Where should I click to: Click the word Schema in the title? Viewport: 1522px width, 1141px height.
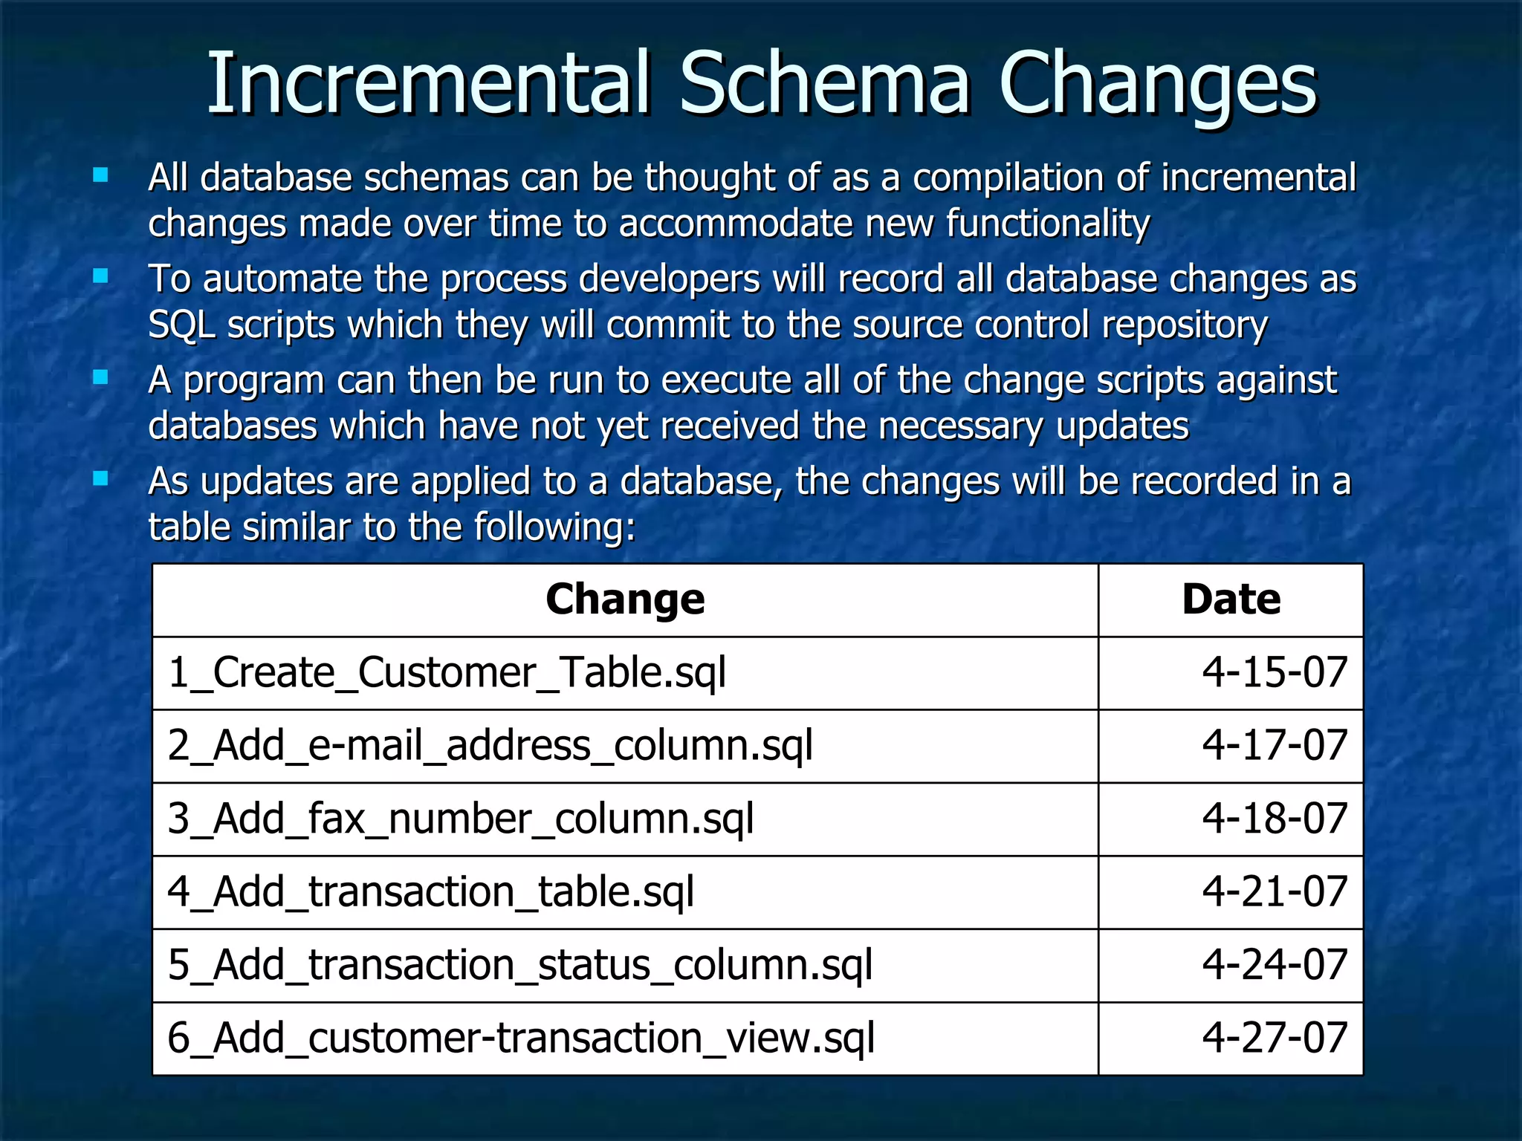[825, 83]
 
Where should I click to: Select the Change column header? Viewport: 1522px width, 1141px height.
[625, 599]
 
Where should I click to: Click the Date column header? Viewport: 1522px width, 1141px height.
[1231, 599]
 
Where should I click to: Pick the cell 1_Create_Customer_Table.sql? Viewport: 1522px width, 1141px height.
[447, 672]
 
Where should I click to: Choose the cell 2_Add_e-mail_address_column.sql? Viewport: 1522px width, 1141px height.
[490, 745]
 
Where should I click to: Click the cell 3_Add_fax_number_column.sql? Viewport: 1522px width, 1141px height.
[460, 819]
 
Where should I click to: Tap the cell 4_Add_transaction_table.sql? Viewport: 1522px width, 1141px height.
[430, 891]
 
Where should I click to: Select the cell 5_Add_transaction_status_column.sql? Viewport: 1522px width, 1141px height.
[519, 965]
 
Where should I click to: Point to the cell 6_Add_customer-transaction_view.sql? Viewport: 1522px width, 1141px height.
[520, 1038]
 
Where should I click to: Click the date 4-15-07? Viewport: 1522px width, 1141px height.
[1275, 672]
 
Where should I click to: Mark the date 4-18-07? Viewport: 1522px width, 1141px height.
[1275, 819]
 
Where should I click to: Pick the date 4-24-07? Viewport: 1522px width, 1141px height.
[1275, 965]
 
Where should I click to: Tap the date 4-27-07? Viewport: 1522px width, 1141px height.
[1275, 1038]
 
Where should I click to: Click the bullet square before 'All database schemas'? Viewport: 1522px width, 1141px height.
[100, 176]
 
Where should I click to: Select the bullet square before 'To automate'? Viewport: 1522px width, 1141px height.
[100, 277]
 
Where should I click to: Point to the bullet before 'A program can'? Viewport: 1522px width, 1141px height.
[100, 378]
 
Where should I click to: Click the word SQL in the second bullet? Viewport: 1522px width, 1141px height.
[181, 325]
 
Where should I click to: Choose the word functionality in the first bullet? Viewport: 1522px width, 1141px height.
[1048, 224]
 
